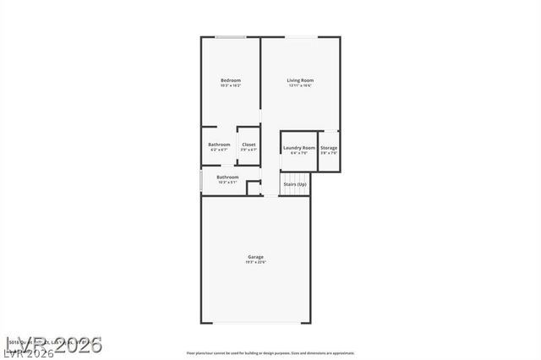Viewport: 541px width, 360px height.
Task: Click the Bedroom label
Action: click(230, 80)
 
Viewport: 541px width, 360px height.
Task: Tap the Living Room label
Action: click(300, 80)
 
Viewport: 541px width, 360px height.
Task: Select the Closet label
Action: click(249, 145)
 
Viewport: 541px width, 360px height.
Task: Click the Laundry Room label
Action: click(298, 148)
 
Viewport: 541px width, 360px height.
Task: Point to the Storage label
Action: click(329, 148)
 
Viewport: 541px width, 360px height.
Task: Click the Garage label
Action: click(255, 257)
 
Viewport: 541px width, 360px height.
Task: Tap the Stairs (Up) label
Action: click(295, 183)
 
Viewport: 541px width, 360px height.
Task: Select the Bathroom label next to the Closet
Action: click(219, 145)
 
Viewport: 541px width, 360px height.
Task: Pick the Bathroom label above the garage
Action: click(227, 177)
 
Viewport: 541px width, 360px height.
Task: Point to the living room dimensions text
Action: click(300, 86)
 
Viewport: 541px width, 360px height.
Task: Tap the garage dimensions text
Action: click(255, 263)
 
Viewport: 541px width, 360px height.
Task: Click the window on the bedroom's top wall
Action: click(230, 36)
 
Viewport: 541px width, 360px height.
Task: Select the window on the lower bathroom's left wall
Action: click(201, 181)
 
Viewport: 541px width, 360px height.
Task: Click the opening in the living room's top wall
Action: click(301, 36)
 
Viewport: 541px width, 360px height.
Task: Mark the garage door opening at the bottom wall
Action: click(255, 323)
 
